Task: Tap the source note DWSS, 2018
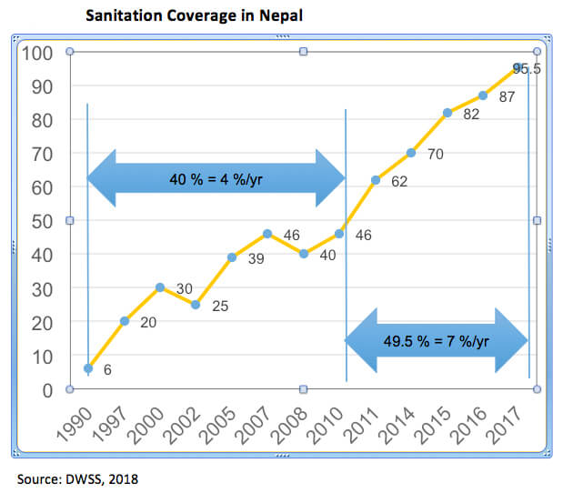[77, 478]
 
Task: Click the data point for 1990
[88, 368]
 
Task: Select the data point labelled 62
[375, 180]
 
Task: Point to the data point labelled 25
[196, 305]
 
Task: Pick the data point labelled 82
[447, 113]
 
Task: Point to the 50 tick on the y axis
[42, 221]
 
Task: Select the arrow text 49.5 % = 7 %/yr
[437, 341]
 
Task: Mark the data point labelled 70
[411, 153]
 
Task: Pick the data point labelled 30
[160, 287]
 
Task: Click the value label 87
[508, 96]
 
